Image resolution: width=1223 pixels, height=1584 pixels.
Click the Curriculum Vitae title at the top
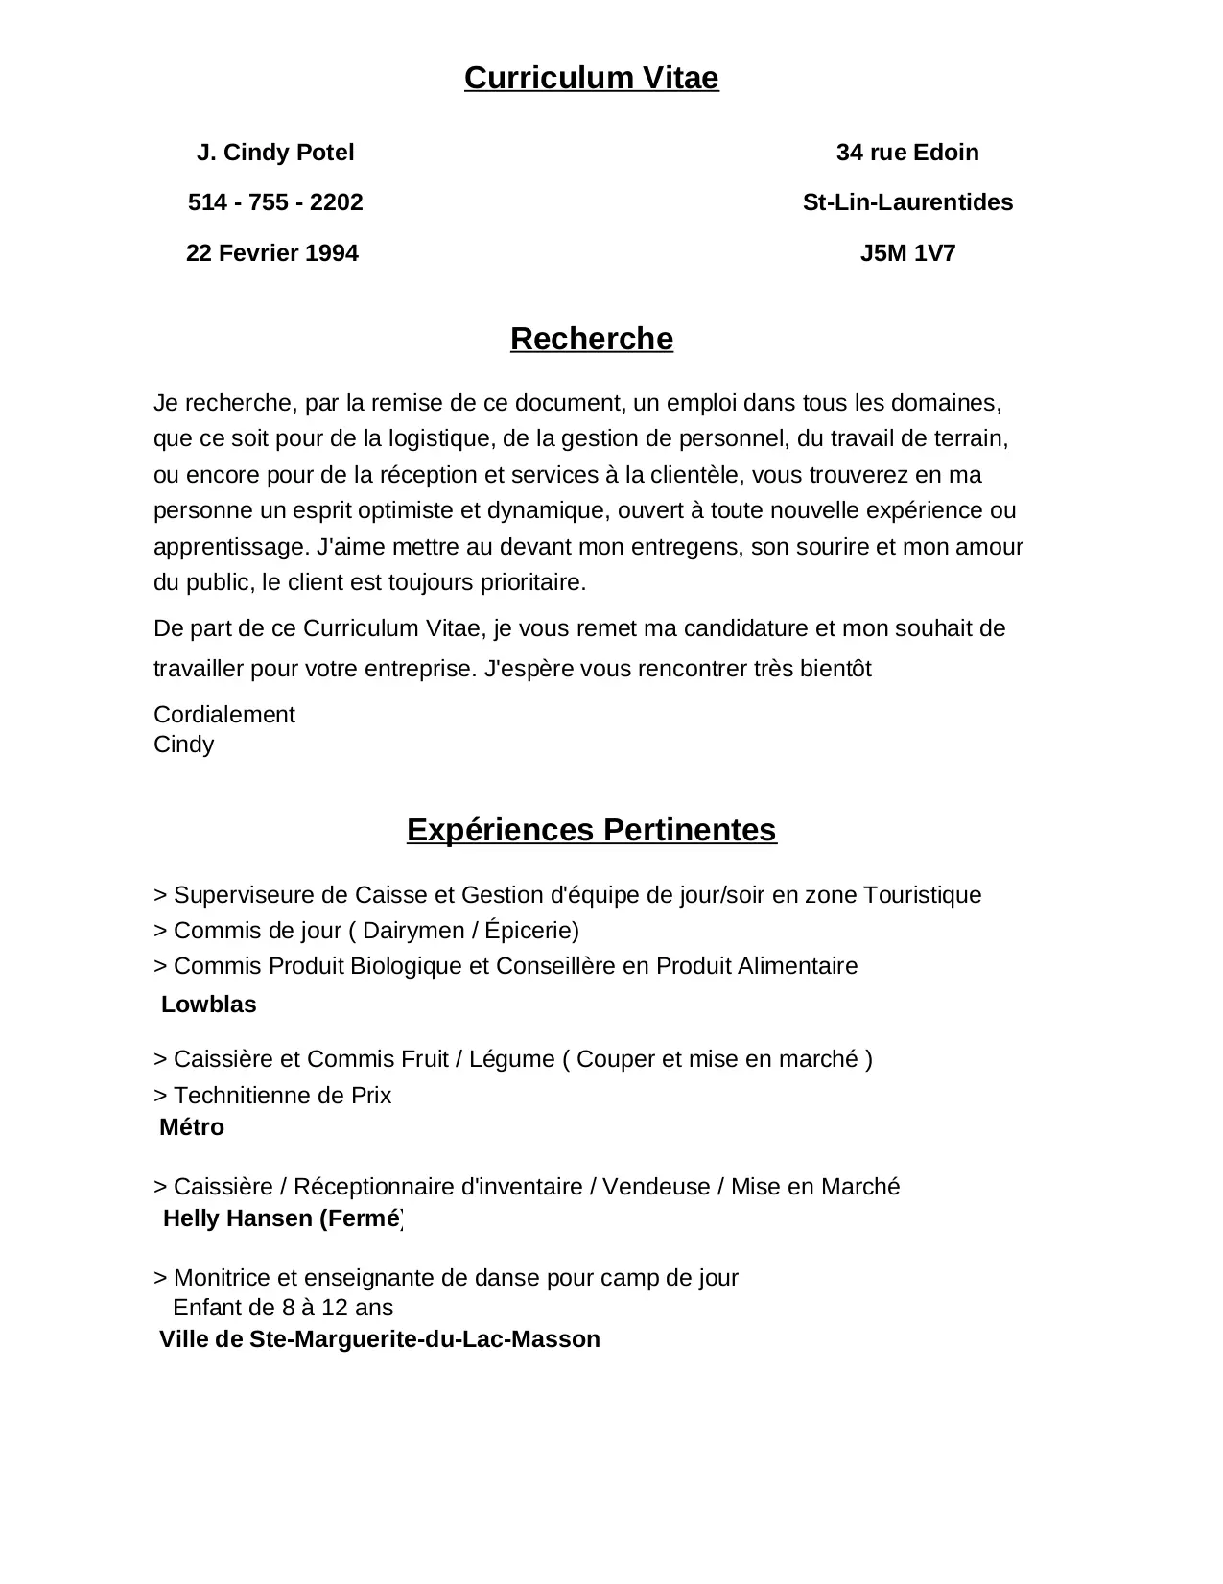pos(591,78)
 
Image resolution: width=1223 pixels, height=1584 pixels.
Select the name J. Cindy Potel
pos(275,153)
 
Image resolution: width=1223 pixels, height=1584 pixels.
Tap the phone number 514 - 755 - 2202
pos(275,202)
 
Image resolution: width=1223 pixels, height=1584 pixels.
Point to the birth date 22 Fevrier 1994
pos(271,253)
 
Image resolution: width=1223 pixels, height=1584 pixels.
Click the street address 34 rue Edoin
pos(907,153)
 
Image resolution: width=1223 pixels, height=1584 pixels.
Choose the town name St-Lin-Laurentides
pos(907,202)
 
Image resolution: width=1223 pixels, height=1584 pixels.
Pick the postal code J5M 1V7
pos(907,253)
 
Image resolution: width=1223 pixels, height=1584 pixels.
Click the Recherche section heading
pos(591,339)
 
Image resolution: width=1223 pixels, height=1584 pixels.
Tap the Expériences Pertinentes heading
pos(591,830)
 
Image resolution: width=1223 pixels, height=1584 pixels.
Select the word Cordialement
pos(224,715)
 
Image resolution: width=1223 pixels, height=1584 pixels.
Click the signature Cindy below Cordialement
pos(183,745)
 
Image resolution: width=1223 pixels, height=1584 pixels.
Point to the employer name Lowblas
pos(209,1005)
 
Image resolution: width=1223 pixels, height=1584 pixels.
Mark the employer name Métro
pos(192,1127)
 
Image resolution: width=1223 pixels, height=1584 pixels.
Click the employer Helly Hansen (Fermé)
pos(283,1218)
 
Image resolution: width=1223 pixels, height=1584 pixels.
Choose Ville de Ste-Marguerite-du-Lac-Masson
pos(380,1339)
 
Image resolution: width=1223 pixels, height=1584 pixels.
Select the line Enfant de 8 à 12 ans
pos(283,1308)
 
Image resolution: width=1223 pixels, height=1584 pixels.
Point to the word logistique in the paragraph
pos(436,439)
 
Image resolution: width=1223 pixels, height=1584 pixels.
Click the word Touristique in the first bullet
pos(922,895)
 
